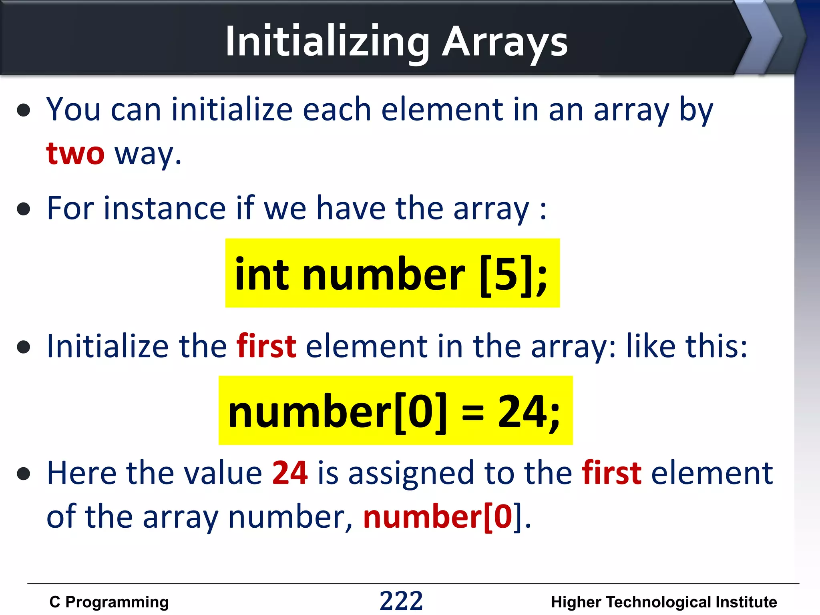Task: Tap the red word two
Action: pos(75,153)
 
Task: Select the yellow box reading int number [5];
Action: pos(392,273)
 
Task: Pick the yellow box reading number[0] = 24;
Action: pos(396,410)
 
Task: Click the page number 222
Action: pos(401,601)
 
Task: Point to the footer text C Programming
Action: pos(109,602)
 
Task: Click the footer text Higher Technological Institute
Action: pos(664,602)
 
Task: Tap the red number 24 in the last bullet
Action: pos(290,473)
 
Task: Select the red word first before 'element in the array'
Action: pos(266,346)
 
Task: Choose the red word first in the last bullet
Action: pos(611,473)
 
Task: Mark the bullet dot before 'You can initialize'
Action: pos(24,110)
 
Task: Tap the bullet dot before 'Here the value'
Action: pos(24,473)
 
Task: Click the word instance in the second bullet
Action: pos(165,209)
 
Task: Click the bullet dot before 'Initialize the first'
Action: pos(24,347)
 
